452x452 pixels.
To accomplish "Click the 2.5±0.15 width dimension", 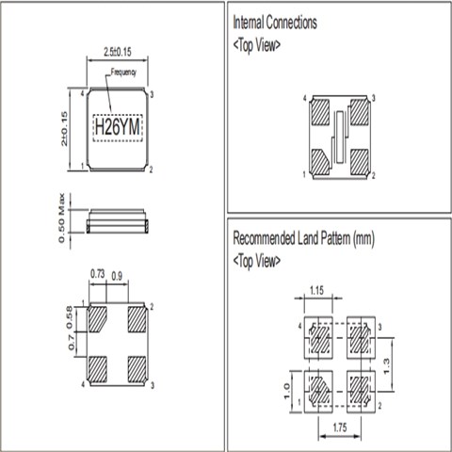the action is [x=118, y=52].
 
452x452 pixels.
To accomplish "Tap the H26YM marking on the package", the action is [x=118, y=127].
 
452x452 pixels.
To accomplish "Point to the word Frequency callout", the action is [x=123, y=73].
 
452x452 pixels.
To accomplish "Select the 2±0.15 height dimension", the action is [x=64, y=128].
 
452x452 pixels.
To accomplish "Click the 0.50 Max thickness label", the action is [x=61, y=218].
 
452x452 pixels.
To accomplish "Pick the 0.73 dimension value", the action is [x=97, y=274].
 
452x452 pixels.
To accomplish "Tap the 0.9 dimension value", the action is [x=117, y=276].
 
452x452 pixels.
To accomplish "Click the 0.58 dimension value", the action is [x=70, y=317].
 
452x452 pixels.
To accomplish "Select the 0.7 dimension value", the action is [x=72, y=343].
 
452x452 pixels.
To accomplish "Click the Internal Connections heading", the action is [x=275, y=23].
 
